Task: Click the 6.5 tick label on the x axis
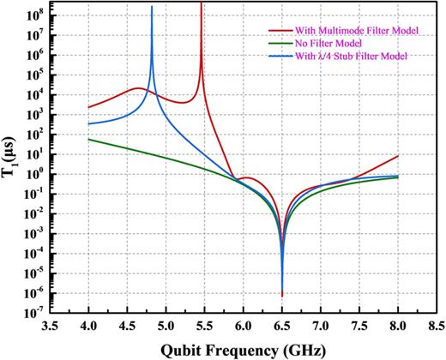282,327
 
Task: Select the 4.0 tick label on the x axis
89,327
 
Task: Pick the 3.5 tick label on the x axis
51,327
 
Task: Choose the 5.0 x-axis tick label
166,327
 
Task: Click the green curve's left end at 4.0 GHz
89,139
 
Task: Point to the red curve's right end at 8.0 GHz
398,156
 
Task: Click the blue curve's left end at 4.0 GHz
89,124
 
